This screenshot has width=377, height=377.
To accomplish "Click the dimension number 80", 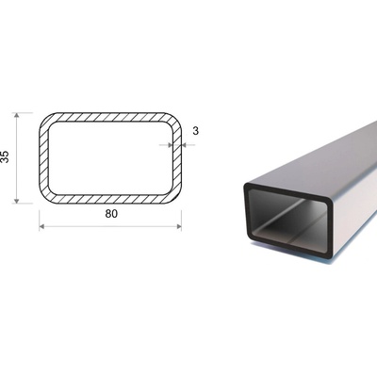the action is [111, 214].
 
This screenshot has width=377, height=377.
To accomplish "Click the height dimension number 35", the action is [5, 157].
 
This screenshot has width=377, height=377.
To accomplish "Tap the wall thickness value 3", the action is [195, 131].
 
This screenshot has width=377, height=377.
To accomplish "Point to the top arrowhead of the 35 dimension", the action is [17, 115].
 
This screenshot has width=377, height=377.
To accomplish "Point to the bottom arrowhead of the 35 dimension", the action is [17, 200].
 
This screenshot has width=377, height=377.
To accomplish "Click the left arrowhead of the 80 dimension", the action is [41, 226].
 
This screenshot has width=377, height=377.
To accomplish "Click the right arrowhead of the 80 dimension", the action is [179, 226].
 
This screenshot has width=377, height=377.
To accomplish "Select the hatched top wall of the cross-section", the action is [110, 117].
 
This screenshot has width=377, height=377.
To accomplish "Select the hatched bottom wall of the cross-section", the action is [110, 199].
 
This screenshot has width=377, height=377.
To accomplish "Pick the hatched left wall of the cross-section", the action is [43, 157].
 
